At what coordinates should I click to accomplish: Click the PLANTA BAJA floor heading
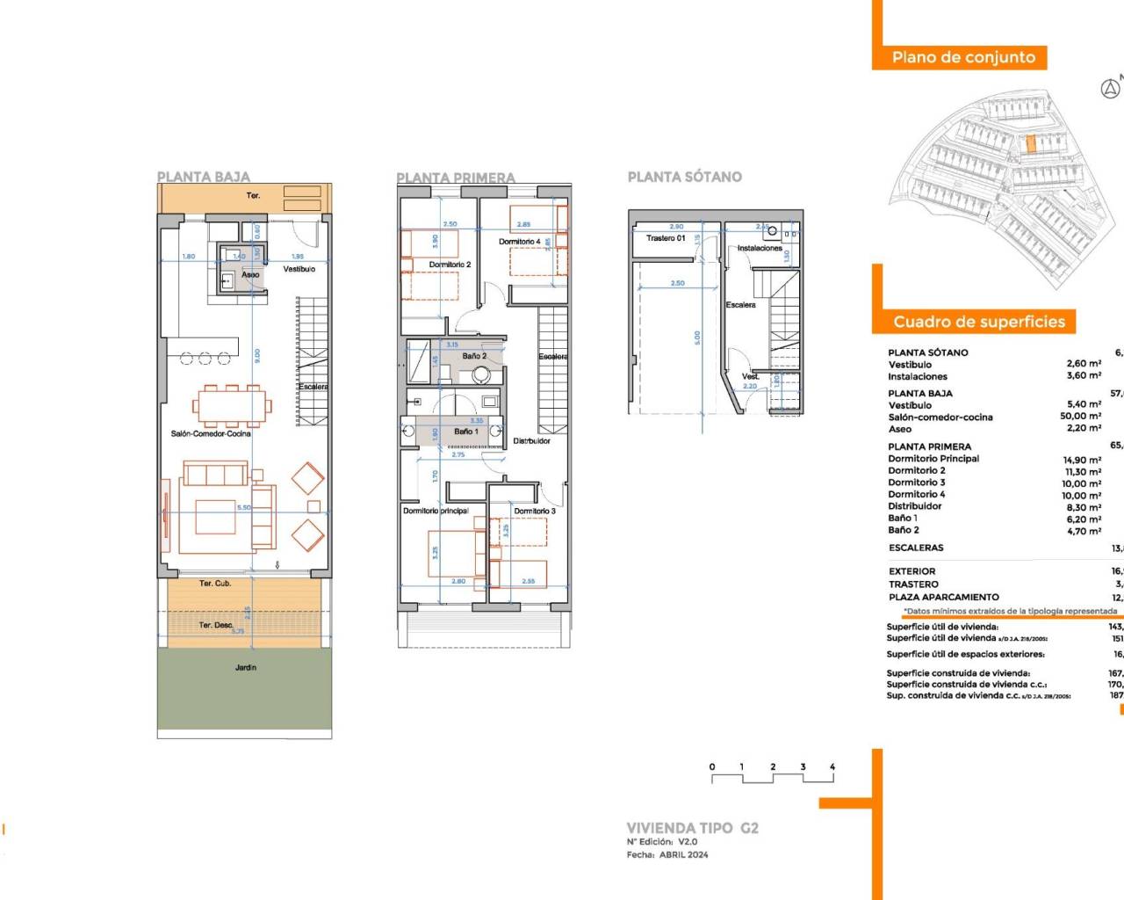203,177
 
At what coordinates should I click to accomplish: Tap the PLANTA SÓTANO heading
684,177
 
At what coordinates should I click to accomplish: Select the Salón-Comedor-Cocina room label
211,433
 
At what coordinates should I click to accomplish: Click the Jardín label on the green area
246,667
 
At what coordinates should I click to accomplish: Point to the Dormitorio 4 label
520,242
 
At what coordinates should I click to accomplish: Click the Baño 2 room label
474,356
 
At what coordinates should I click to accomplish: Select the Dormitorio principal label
436,511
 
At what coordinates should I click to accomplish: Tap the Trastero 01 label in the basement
666,238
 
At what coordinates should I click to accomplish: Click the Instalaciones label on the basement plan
760,248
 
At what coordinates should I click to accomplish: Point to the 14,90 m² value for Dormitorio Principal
1082,460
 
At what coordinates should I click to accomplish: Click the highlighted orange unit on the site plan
1032,143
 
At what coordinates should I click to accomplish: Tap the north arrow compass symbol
1110,89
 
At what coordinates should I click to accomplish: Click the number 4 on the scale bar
832,766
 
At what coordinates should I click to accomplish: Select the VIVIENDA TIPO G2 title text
692,828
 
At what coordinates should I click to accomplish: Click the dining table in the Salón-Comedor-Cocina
233,406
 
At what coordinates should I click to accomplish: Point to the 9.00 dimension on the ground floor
257,355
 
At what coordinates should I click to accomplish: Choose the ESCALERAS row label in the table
916,548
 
